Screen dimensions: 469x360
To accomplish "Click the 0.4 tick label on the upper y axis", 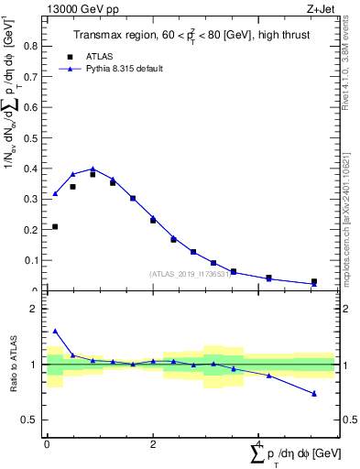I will point(34,169).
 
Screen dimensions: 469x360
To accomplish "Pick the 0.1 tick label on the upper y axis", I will point(34,261).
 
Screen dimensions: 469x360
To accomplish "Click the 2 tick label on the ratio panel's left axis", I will point(38,310).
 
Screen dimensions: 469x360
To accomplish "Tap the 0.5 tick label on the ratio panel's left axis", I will point(34,420).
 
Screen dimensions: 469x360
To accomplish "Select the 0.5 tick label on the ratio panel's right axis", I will point(349,420).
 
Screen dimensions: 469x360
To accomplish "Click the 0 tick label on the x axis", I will point(47,444).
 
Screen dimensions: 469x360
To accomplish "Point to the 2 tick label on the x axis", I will point(152,444).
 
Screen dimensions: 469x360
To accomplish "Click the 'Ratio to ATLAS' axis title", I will point(12,365).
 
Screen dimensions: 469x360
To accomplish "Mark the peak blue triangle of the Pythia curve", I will point(93,169).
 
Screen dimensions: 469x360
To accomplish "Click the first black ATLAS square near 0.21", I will point(55,226).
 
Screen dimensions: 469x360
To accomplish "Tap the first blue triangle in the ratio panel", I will point(55,332).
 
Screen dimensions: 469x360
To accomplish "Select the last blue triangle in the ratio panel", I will point(314,394).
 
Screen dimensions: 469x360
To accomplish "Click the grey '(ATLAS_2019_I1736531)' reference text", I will point(191,274).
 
